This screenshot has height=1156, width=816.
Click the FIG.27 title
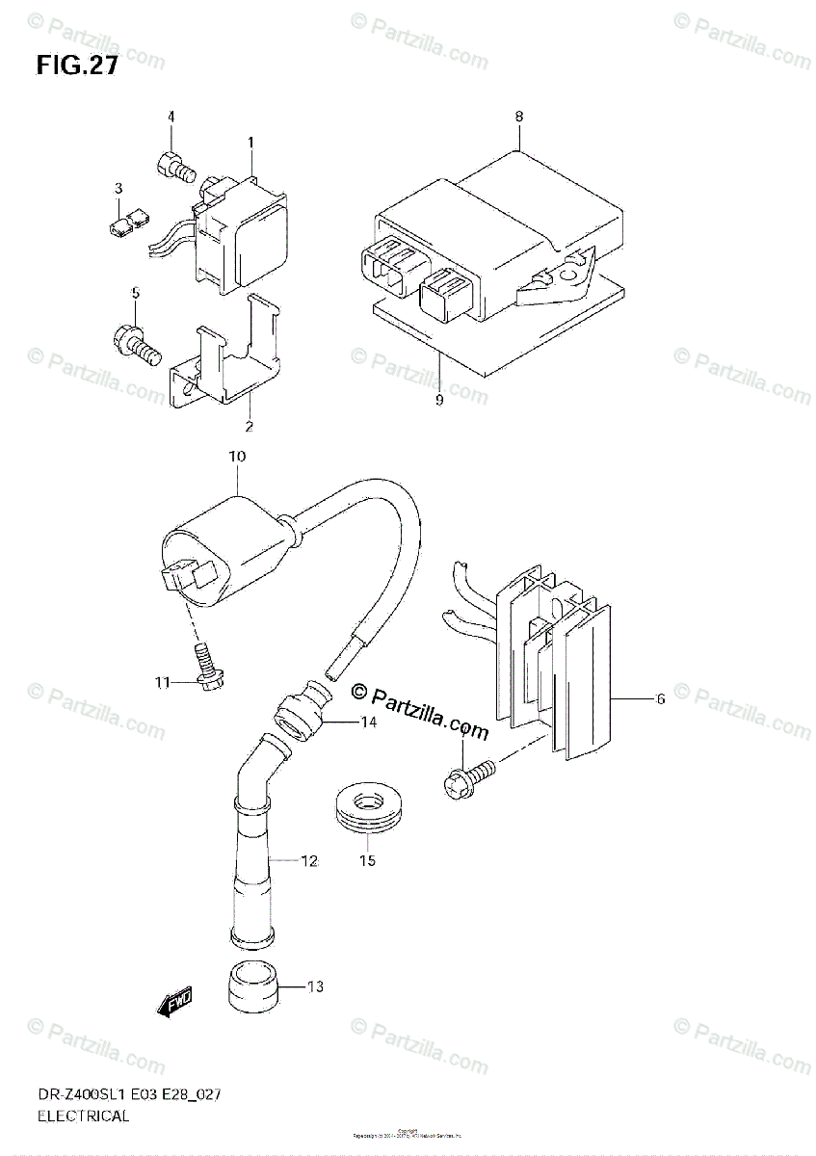77,66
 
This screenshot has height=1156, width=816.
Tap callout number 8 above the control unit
518,117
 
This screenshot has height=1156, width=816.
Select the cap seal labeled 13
253,987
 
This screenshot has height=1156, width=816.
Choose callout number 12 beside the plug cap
308,862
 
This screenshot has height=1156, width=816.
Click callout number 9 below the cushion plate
438,400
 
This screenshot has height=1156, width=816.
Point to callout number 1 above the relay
250,143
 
